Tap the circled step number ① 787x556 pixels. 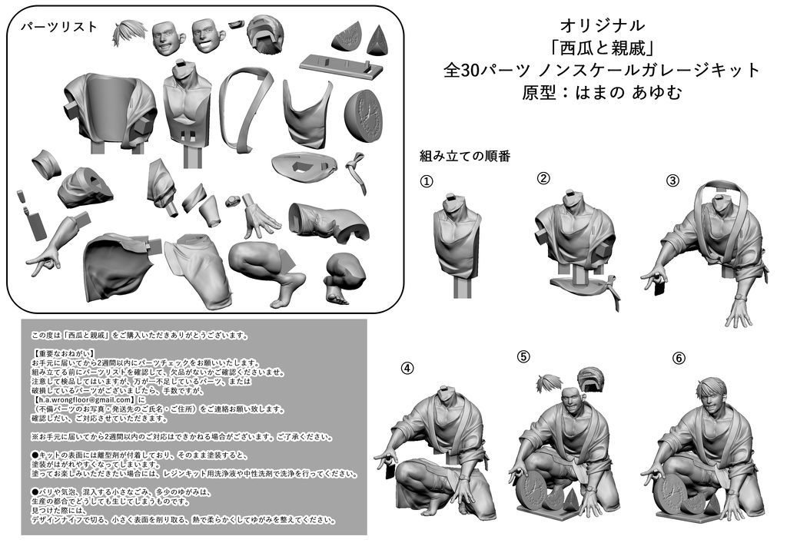click(427, 182)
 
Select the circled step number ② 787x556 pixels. click(543, 179)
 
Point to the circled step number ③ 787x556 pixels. click(672, 181)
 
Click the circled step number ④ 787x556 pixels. click(407, 367)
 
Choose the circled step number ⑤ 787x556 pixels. click(523, 356)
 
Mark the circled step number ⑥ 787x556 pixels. click(678, 359)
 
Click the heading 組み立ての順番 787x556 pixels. click(464, 156)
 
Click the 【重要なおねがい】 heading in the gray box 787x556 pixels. click(65, 352)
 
